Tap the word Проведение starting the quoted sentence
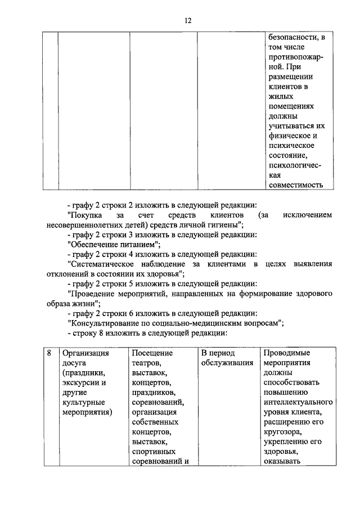click(92, 294)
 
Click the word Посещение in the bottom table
click(152, 353)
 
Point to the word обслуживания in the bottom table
click(227, 363)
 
